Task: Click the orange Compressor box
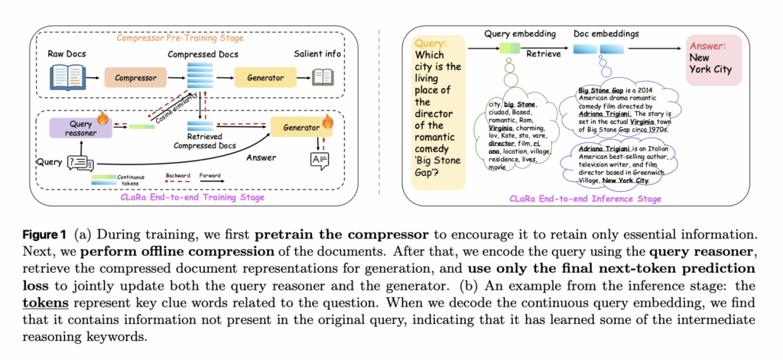pyautogui.click(x=130, y=77)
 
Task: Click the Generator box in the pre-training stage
pyautogui.click(x=264, y=77)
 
